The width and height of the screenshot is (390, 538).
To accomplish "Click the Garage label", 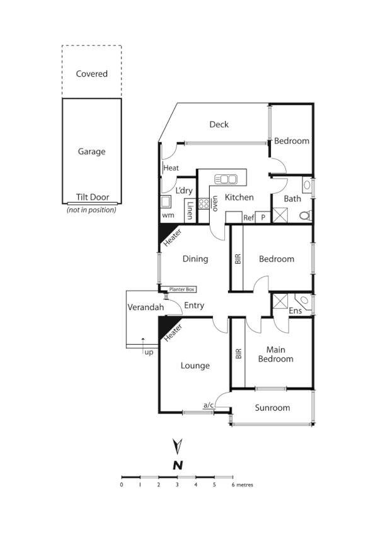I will point(91,152).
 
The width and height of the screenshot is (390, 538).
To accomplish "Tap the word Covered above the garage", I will point(91,74).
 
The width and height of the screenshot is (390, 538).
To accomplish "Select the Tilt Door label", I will point(93,197).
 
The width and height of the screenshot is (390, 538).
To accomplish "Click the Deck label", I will point(219,125).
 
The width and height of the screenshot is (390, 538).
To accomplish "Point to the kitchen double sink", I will point(226,179).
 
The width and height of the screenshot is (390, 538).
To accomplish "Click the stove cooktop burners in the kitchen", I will point(204,203).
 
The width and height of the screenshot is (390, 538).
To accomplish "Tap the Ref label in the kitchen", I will point(248,218).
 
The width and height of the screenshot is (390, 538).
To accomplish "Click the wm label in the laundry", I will point(168,215).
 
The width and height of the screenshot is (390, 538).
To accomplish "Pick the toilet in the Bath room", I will point(305,215).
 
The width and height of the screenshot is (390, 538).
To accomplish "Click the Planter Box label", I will point(182,289).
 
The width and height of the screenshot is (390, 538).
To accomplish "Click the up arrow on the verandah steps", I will point(144,342).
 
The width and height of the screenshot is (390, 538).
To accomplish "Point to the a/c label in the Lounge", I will point(208,405).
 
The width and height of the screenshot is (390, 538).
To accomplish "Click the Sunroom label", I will point(272,408).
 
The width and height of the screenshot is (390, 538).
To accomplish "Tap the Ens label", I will point(295,311).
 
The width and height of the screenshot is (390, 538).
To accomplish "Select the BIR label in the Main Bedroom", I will point(238,354).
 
